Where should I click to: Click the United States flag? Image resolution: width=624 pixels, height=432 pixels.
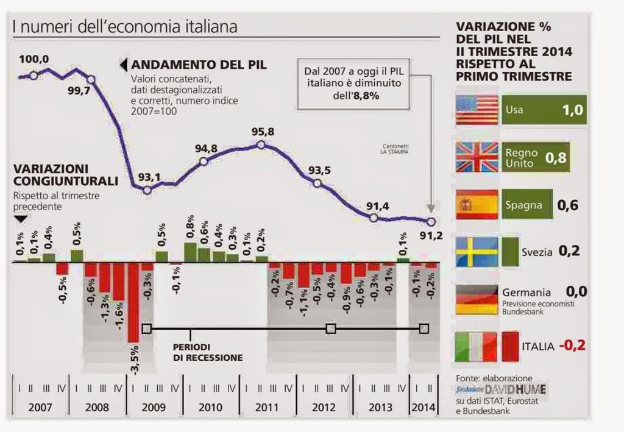[477, 110]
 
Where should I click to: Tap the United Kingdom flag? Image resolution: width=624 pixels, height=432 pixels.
[477, 158]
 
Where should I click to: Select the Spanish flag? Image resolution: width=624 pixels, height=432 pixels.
[477, 204]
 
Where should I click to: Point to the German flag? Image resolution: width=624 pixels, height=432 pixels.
[477, 299]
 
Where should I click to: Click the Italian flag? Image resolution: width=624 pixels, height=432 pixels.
[477, 346]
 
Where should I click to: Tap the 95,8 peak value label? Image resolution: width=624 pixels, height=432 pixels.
[261, 132]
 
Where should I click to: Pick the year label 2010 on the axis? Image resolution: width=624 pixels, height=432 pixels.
[211, 408]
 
